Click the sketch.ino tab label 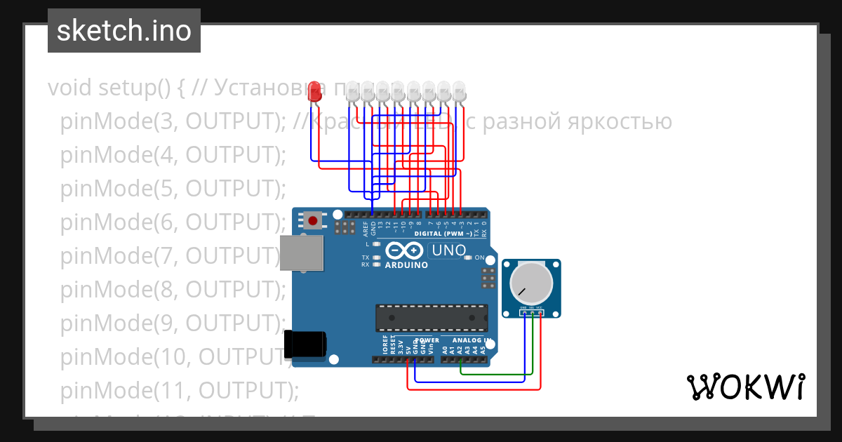124,31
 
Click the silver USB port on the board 302,253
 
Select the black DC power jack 305,344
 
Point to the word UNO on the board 448,250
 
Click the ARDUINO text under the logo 406,265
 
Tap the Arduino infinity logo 404,250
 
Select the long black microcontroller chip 431,317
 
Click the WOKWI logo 745,387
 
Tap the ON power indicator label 480,257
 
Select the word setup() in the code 135,88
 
